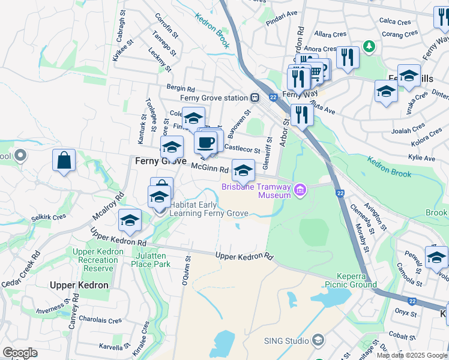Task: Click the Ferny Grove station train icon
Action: tap(255, 97)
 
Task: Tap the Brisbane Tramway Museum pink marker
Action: tap(300, 191)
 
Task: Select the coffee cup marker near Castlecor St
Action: tap(206, 143)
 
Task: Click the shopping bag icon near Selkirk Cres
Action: tap(64, 161)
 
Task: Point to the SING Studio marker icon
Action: tap(318, 341)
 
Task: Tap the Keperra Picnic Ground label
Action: tap(351, 280)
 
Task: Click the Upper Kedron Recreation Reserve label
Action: tap(95, 260)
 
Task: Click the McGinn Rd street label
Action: tap(210, 170)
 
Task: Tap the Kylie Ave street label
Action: tap(421, 158)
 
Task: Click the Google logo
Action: tap(20, 352)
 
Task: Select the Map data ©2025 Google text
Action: tap(412, 355)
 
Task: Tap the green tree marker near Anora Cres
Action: tap(370, 46)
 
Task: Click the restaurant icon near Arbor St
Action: tap(301, 113)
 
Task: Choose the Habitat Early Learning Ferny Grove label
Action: tap(209, 209)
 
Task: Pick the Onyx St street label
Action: tap(406, 313)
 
